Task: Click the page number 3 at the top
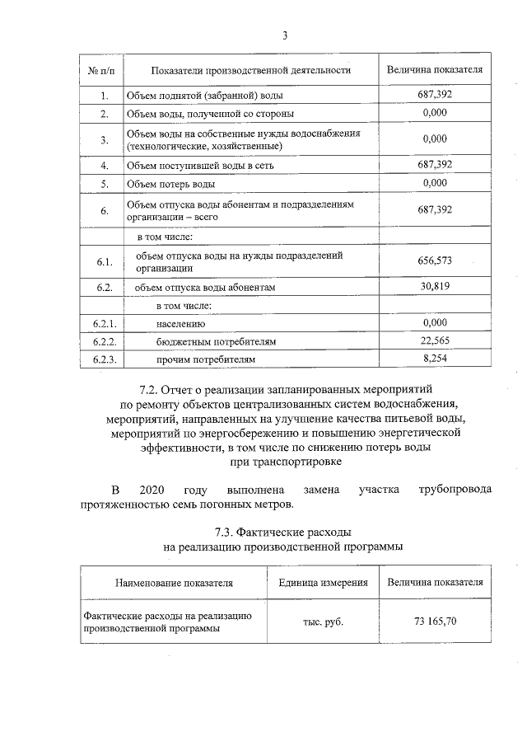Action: [285, 35]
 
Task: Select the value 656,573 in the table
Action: [435, 262]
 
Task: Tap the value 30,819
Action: [435, 287]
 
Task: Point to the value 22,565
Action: [435, 341]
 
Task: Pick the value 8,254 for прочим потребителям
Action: [435, 359]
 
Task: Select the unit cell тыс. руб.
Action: [323, 621]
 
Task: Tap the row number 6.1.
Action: [104, 262]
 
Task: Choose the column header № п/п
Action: [102, 69]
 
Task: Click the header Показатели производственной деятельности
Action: [245, 69]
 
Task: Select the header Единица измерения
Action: [323, 582]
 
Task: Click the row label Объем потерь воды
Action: [171, 183]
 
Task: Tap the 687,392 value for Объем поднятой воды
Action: [435, 94]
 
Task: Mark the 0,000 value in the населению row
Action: [435, 323]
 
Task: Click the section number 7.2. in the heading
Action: [156, 387]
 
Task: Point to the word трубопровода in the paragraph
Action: [455, 490]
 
